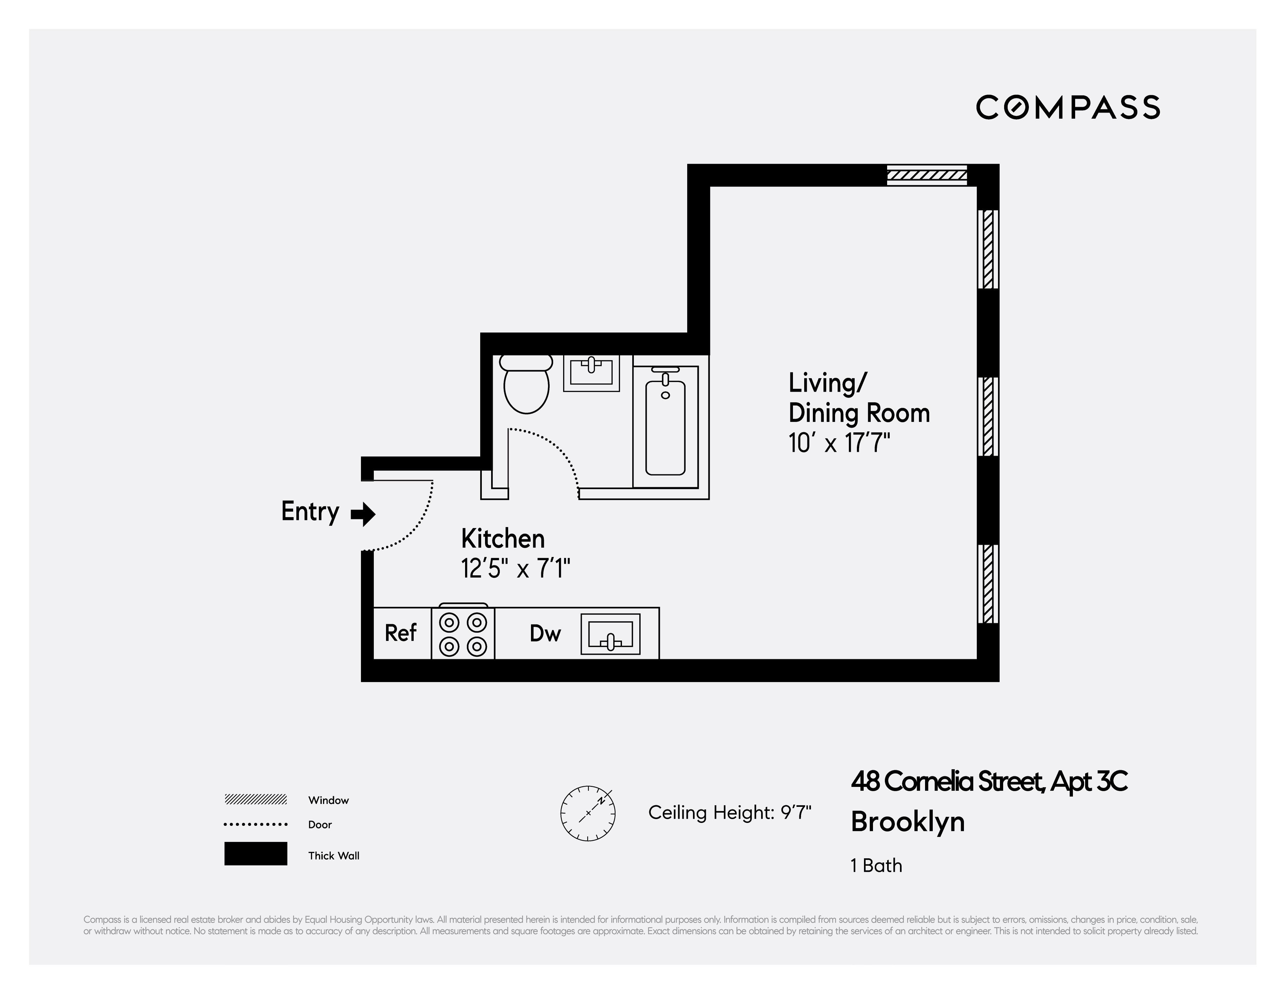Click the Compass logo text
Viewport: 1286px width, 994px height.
click(1067, 107)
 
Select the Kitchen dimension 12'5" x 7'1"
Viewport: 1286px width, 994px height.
click(516, 569)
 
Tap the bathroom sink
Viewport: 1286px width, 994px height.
click(591, 372)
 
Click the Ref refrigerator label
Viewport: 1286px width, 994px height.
click(400, 633)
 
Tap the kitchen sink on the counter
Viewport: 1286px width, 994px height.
click(610, 634)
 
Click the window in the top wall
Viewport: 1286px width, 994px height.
click(927, 175)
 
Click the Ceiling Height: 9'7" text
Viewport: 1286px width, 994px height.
click(730, 813)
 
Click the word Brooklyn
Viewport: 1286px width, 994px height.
click(907, 821)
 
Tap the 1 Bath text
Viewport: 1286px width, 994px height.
click(876, 866)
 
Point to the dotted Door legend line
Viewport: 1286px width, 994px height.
click(256, 824)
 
